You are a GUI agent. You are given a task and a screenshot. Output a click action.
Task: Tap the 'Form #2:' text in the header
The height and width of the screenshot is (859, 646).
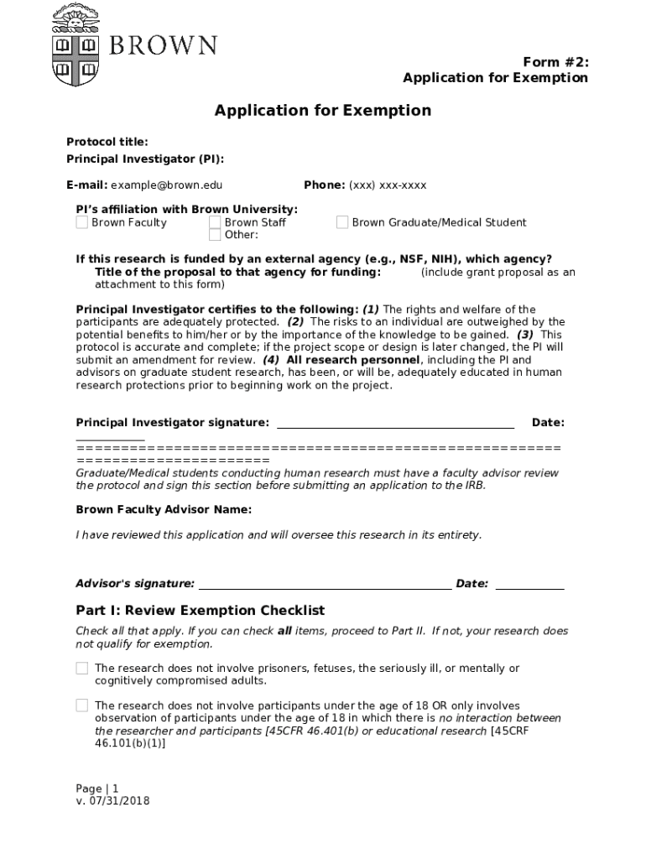(x=555, y=62)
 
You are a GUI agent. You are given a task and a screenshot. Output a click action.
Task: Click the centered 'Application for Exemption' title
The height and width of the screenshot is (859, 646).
(x=322, y=111)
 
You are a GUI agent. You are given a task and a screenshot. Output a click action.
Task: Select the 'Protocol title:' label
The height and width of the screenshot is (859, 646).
(x=107, y=142)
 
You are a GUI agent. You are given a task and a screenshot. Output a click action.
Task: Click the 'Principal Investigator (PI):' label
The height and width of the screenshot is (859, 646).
(x=145, y=159)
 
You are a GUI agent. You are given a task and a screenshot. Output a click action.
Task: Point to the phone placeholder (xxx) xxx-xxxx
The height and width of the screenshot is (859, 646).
(x=388, y=185)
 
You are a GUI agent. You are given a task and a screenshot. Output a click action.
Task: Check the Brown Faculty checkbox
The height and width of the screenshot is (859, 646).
(x=81, y=222)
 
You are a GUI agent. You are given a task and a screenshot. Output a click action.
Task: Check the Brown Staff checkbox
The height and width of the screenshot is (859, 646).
(x=215, y=222)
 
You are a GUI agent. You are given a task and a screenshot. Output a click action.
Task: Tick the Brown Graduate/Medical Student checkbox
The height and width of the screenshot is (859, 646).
(x=342, y=222)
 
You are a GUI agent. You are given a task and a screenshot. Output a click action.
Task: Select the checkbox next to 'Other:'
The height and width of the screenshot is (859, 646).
(x=215, y=234)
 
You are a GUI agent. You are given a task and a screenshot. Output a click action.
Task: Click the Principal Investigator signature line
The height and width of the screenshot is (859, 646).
(x=395, y=424)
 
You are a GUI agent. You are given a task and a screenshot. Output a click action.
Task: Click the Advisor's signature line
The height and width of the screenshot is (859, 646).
(x=325, y=585)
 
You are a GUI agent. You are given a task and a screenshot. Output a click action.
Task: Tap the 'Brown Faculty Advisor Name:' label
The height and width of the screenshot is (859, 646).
(x=164, y=510)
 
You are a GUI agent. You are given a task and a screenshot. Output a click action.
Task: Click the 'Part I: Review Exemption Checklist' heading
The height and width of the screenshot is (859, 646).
(x=200, y=611)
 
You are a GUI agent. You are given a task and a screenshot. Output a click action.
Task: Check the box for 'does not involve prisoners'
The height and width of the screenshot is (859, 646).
(x=82, y=669)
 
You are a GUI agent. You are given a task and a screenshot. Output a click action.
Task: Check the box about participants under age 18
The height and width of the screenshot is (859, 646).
(x=82, y=705)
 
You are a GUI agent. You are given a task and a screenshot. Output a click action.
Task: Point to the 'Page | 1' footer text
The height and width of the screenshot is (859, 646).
(x=97, y=789)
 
